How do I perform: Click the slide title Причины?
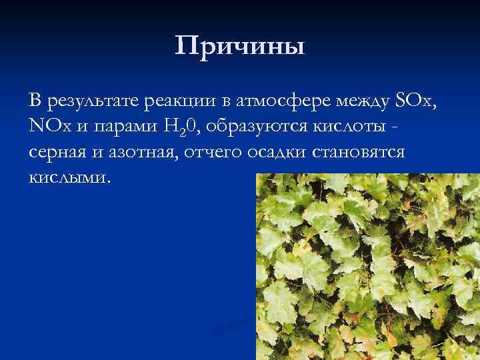point(240,46)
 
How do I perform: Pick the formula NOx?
point(50,127)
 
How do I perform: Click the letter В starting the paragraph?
point(35,101)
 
